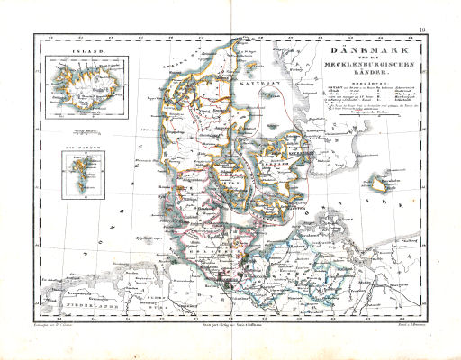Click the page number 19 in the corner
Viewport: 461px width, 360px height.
tap(421, 33)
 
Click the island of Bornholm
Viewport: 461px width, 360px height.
tap(389, 186)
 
